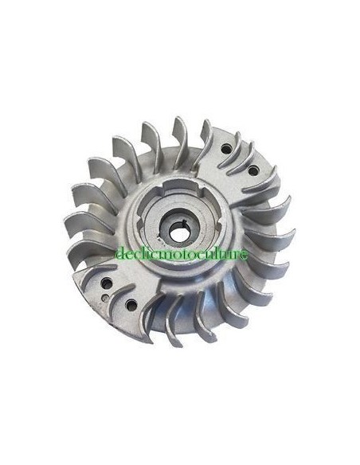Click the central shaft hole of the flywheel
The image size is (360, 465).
(x=177, y=232)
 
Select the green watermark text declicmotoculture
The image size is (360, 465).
(x=182, y=254)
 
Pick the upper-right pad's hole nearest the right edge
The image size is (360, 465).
(x=253, y=170)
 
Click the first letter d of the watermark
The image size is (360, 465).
(x=119, y=254)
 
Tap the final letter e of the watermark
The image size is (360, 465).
(x=245, y=255)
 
